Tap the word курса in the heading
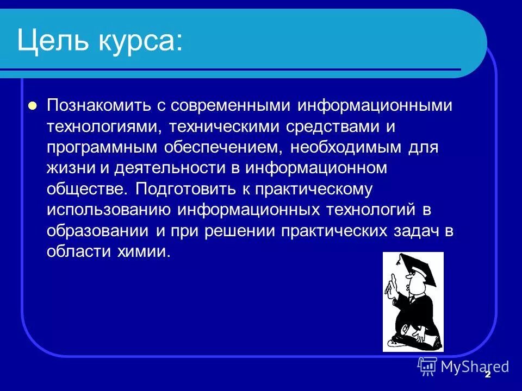(x=142, y=41)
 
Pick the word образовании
(x=98, y=230)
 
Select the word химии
(x=148, y=251)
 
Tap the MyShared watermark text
(x=474, y=367)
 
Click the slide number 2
(x=488, y=374)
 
